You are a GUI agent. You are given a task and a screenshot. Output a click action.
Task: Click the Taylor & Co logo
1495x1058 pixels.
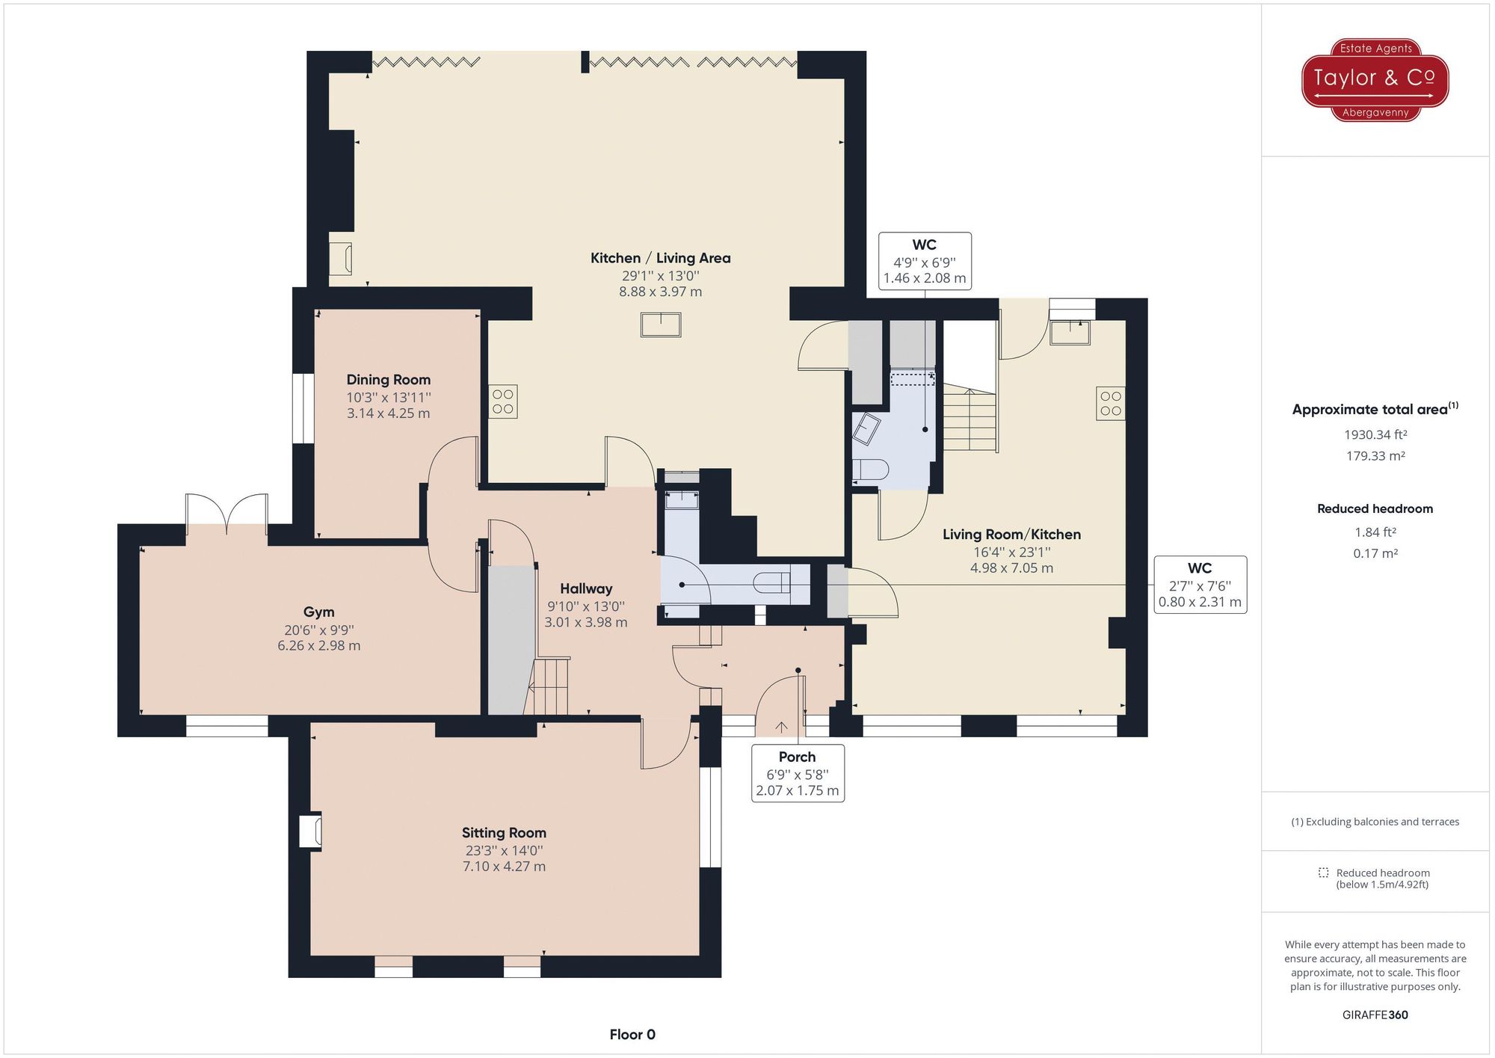click(1375, 79)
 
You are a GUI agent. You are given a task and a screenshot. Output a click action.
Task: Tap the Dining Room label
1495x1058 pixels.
click(388, 380)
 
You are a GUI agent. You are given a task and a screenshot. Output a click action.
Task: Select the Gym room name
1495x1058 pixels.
click(318, 612)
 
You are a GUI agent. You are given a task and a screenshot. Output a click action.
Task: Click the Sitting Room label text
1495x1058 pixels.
click(504, 833)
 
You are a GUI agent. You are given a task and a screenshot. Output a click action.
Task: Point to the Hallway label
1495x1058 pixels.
click(586, 589)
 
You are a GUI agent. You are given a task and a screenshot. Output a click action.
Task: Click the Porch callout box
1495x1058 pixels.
click(798, 773)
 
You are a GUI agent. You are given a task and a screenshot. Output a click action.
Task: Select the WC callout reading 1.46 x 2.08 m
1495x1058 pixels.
click(925, 261)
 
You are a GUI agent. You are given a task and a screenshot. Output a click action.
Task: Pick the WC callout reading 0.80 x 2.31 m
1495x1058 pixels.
click(1200, 585)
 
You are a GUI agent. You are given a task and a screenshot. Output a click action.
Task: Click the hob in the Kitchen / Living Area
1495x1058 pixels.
click(503, 402)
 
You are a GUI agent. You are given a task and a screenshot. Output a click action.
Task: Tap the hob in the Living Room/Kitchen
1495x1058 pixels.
click(1111, 403)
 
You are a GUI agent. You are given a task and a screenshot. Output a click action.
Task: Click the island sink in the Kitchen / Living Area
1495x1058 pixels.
click(661, 325)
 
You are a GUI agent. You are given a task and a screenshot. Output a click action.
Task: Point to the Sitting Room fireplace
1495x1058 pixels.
click(310, 831)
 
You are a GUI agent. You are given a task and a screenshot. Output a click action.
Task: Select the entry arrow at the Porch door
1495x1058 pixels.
click(781, 726)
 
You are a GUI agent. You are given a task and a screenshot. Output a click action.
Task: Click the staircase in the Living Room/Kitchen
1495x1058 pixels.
click(970, 419)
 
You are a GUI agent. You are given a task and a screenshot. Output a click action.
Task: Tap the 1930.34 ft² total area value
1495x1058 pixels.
click(1375, 434)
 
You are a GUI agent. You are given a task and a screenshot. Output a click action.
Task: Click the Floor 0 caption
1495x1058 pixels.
click(632, 1035)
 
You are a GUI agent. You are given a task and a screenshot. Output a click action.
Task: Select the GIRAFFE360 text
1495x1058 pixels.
click(1375, 1015)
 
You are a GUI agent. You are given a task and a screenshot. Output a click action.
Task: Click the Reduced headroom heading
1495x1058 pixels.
click(1375, 508)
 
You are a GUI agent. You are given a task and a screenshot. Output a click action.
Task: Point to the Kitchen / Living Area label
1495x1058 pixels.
click(660, 258)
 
